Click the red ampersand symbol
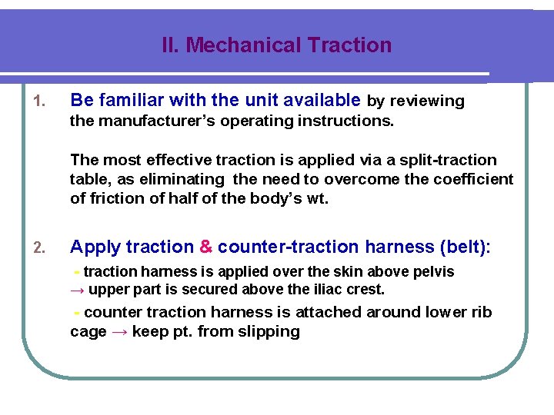pos(205,247)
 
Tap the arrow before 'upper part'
pos(78,290)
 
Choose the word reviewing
pos(426,101)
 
